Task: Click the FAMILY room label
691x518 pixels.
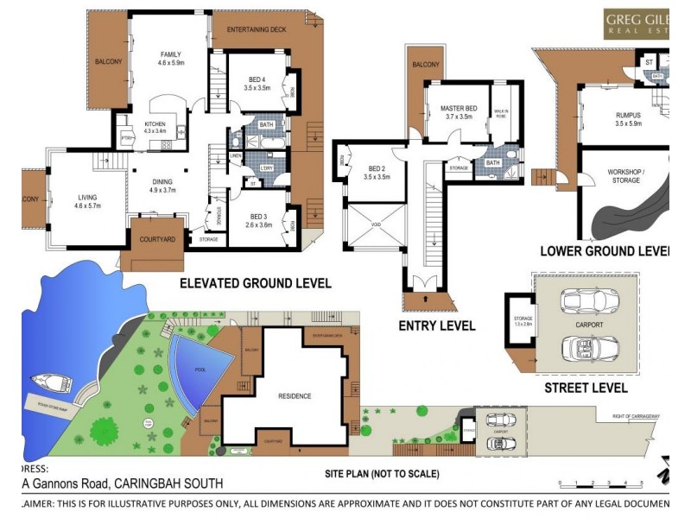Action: tap(170, 54)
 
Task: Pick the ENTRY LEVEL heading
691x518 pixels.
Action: tap(436, 325)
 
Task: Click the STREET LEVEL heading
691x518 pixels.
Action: tap(586, 388)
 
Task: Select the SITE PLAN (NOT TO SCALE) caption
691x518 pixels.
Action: tap(382, 474)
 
